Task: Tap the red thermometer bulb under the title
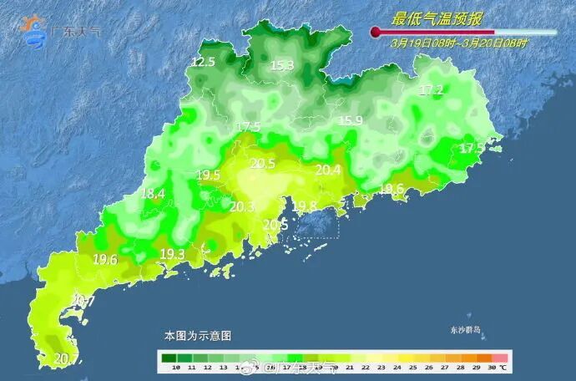tap(375, 33)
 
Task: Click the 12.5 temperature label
tap(203, 62)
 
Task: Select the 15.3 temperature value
tap(281, 65)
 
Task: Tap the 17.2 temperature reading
tap(431, 89)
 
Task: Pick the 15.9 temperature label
tap(350, 121)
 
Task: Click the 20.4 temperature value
tap(328, 170)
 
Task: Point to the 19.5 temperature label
tap(208, 175)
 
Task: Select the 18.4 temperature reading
tap(152, 194)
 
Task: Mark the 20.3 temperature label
tap(242, 206)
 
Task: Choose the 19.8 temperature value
tap(305, 206)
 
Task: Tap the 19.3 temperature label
tap(172, 254)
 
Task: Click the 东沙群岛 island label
tap(465, 328)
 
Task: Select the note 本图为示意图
tap(197, 335)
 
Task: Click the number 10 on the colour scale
tap(175, 368)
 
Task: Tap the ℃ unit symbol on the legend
tap(505, 368)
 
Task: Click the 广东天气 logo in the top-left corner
tap(58, 30)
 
